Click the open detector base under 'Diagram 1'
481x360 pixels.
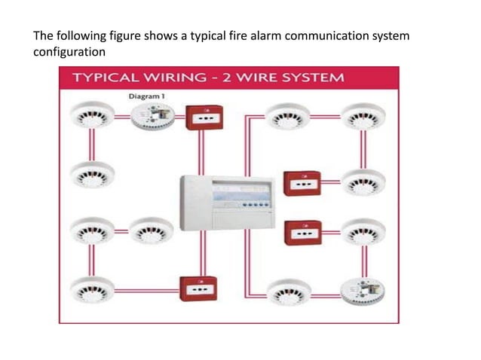click(152, 116)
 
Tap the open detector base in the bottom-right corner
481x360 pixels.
click(363, 289)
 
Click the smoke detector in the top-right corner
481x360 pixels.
click(363, 117)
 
